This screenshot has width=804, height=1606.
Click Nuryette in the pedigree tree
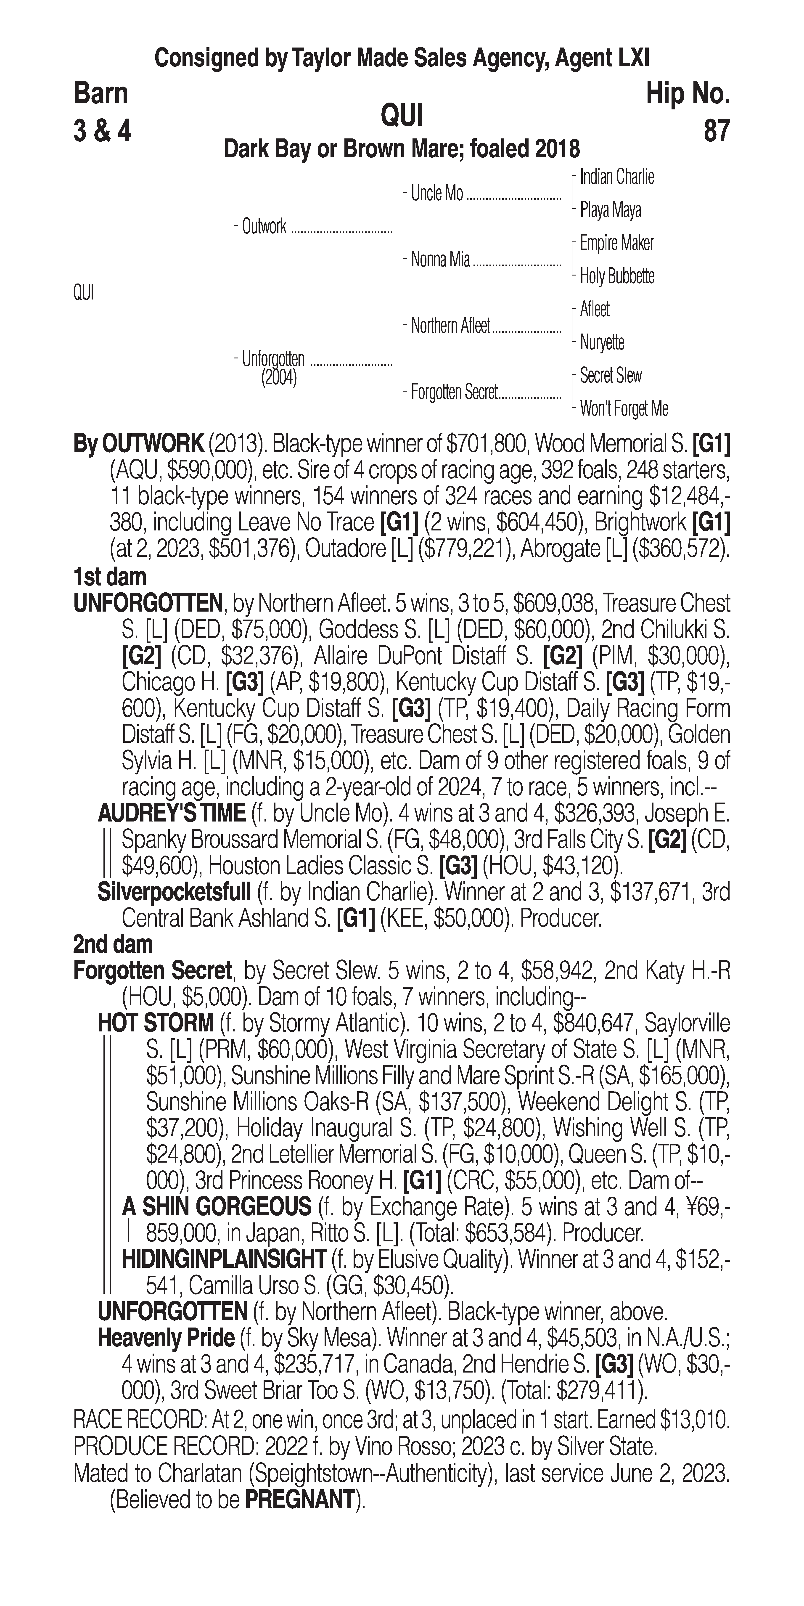(602, 342)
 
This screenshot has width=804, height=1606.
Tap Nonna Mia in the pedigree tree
(440, 259)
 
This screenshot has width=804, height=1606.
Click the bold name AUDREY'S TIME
(171, 813)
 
